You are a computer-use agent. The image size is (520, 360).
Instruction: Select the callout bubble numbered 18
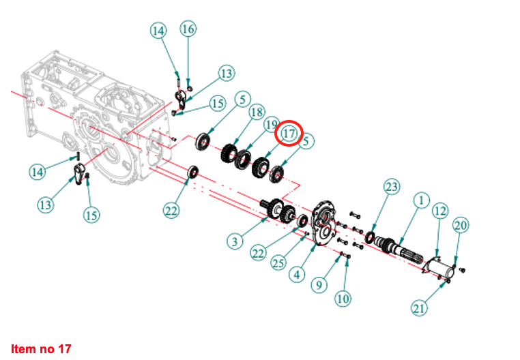(x=257, y=112)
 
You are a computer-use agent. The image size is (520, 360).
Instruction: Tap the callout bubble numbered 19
(x=272, y=125)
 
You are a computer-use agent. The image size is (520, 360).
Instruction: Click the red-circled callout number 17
(x=289, y=134)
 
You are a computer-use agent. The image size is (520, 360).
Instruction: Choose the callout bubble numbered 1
(x=421, y=200)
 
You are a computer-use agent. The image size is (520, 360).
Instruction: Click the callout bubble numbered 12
(x=439, y=211)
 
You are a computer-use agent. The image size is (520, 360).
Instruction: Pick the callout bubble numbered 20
(x=461, y=224)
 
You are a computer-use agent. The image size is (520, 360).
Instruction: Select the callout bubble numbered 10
(x=341, y=297)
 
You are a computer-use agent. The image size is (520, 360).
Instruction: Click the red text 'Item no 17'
(x=41, y=349)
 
